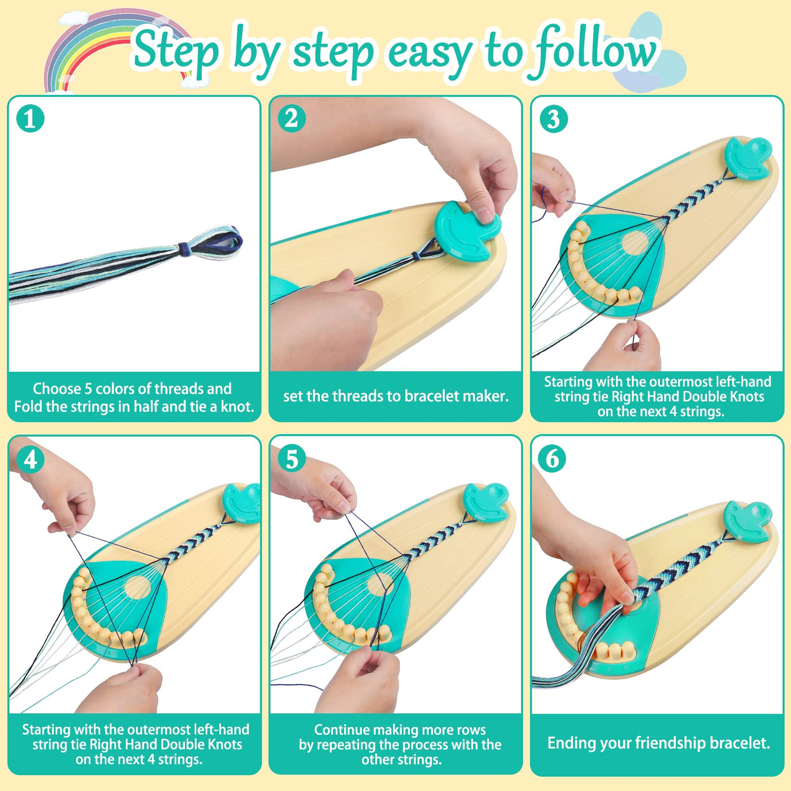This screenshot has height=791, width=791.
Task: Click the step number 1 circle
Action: (x=31, y=119)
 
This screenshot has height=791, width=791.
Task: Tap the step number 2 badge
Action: (x=292, y=119)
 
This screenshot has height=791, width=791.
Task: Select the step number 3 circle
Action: (x=553, y=119)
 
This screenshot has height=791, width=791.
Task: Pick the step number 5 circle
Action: (x=292, y=459)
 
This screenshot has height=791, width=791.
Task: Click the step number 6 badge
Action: (x=552, y=459)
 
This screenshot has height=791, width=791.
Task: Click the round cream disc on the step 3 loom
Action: (x=634, y=243)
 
